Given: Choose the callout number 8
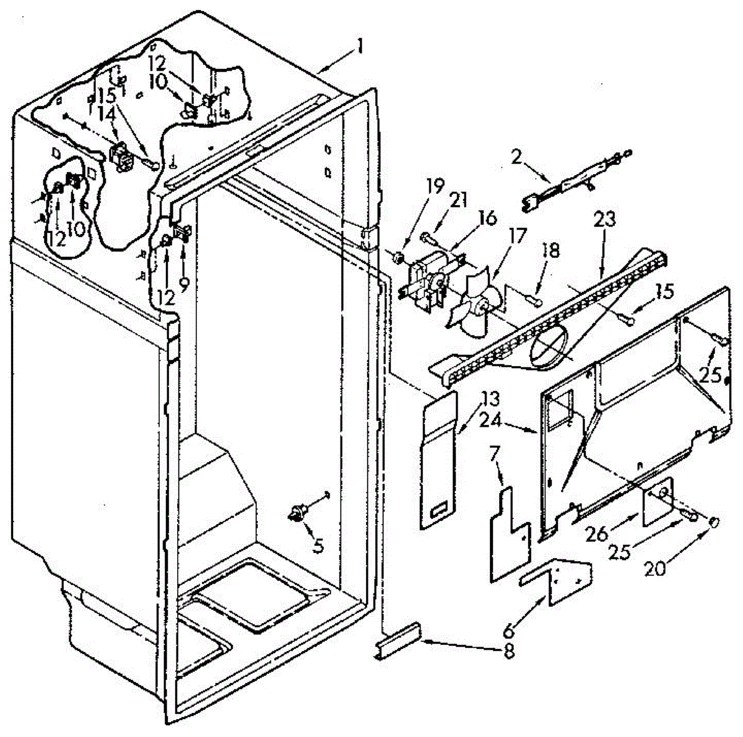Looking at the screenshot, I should click(x=508, y=652).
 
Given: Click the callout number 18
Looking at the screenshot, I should click(x=549, y=250).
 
